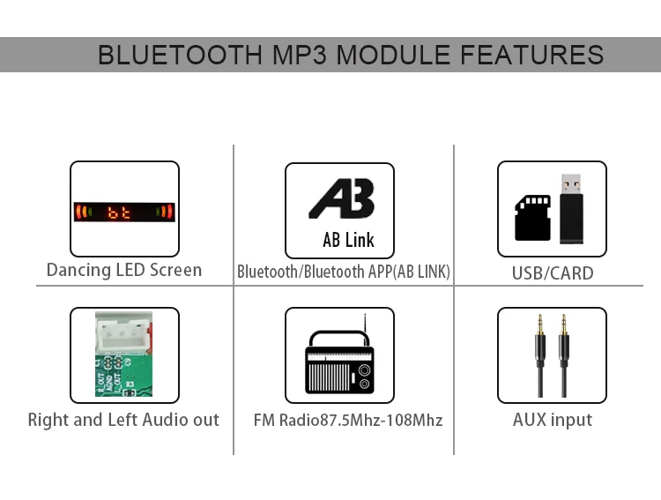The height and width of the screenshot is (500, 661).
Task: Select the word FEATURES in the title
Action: tap(532, 55)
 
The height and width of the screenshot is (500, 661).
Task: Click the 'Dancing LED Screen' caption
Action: tap(124, 270)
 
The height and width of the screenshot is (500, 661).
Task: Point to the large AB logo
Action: tap(341, 199)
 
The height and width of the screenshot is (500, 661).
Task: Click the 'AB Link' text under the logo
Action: tap(348, 240)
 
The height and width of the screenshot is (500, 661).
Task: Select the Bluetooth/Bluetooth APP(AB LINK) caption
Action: tap(344, 272)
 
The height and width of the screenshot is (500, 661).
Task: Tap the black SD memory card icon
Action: tap(532, 217)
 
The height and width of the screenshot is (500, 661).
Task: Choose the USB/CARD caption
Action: tap(553, 273)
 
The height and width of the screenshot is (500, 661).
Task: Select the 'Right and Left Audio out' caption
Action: tap(123, 420)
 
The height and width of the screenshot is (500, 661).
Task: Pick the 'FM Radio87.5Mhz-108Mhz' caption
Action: tap(348, 421)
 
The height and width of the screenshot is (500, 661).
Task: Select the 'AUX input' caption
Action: tap(553, 420)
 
